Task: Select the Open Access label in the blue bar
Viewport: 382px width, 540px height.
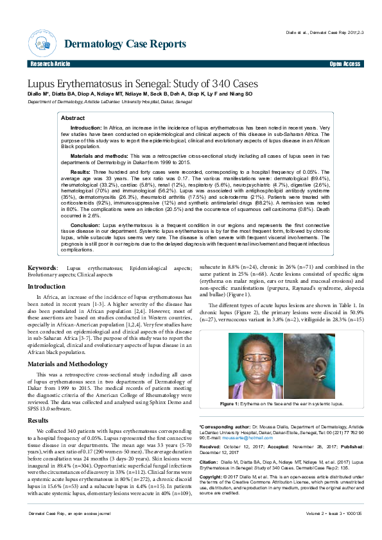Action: tap(344, 65)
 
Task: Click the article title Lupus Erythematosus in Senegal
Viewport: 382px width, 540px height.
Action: tap(152, 84)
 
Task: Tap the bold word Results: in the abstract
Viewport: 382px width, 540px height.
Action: tap(80, 173)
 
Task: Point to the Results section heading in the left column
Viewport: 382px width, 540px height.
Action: tap(37, 420)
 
